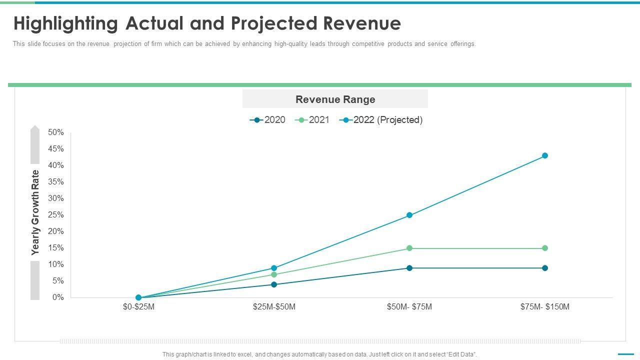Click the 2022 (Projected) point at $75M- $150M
pyautogui.click(x=545, y=155)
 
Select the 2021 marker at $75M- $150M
pyautogui.click(x=545, y=248)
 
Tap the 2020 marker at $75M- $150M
pyautogui.click(x=545, y=268)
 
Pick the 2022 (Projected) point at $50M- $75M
pyautogui.click(x=409, y=215)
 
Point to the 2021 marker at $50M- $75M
pyautogui.click(x=409, y=248)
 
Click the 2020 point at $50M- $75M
pyautogui.click(x=409, y=268)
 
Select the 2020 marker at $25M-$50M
pyautogui.click(x=274, y=284)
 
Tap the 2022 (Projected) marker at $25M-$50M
pyautogui.click(x=274, y=268)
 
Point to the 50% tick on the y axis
pyautogui.click(x=56, y=132)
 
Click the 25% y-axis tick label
pyautogui.click(x=56, y=215)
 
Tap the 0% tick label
pyautogui.click(x=58, y=297)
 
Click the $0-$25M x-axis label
pyautogui.click(x=138, y=307)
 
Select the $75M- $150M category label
pyautogui.click(x=545, y=307)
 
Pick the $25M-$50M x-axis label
pyautogui.click(x=274, y=307)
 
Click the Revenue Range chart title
pyautogui.click(x=335, y=99)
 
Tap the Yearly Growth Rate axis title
pyautogui.click(x=35, y=212)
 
